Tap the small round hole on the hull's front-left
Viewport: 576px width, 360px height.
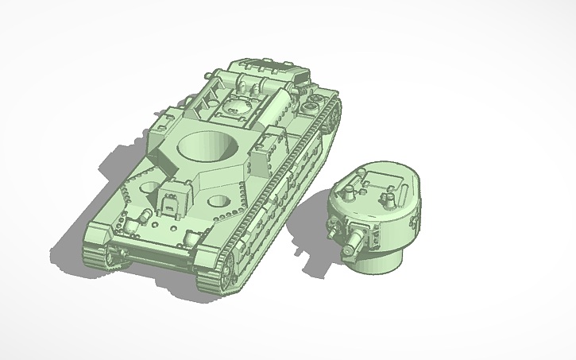point(149,188)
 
